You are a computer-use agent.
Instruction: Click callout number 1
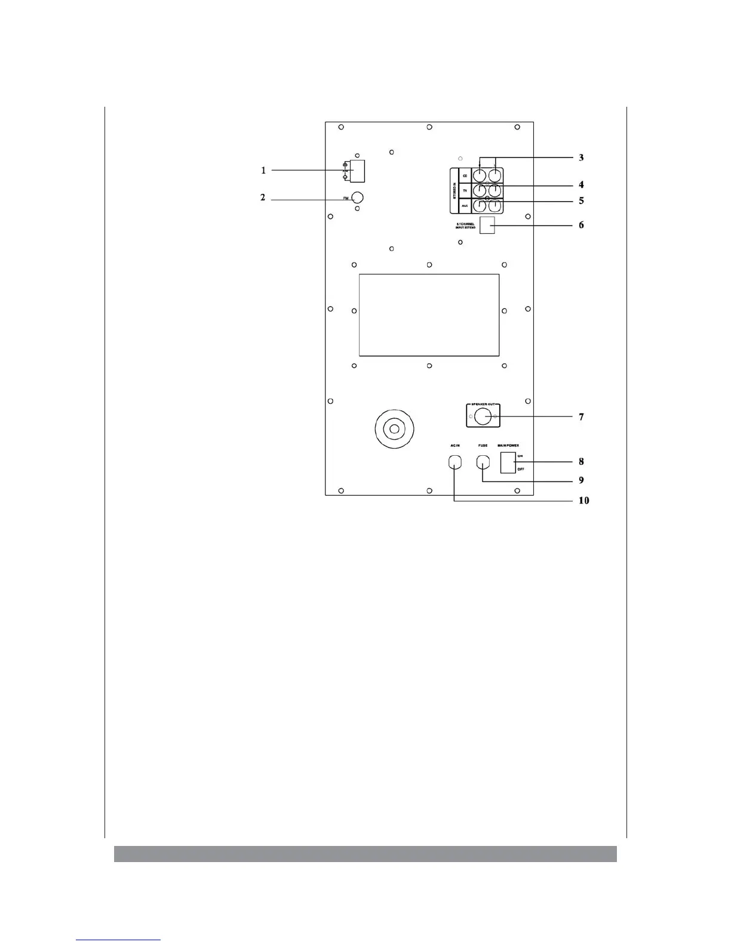pyautogui.click(x=263, y=171)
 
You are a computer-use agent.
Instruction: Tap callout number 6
pyautogui.click(x=581, y=226)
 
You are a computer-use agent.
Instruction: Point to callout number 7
pyautogui.click(x=581, y=417)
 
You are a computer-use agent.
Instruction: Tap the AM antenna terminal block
pyautogui.click(x=357, y=171)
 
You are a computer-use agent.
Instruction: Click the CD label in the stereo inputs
pyautogui.click(x=465, y=176)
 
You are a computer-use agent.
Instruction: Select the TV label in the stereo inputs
pyautogui.click(x=465, y=190)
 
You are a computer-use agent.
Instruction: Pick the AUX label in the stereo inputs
pyautogui.click(x=465, y=206)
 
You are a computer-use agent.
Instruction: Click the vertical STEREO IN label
pyautogui.click(x=454, y=190)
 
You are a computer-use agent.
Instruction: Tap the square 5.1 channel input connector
pyautogui.click(x=487, y=225)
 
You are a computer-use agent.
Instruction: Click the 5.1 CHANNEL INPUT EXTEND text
pyautogui.click(x=465, y=226)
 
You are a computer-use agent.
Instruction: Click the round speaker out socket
pyautogui.click(x=483, y=416)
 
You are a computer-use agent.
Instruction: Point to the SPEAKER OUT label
pyautogui.click(x=483, y=404)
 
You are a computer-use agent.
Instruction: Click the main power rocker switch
pyautogui.click(x=508, y=462)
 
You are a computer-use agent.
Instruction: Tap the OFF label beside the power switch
pyautogui.click(x=521, y=470)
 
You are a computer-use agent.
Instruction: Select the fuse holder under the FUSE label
pyautogui.click(x=483, y=462)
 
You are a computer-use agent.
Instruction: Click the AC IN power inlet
pyautogui.click(x=455, y=462)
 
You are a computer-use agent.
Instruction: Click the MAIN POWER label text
pyautogui.click(x=508, y=446)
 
